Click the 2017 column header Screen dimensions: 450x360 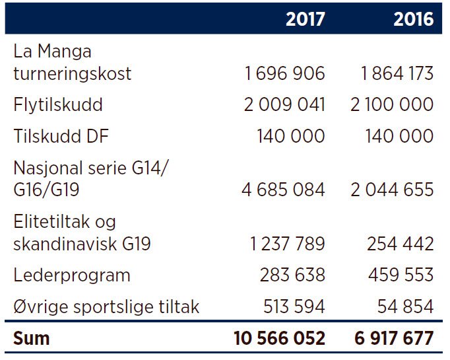305,19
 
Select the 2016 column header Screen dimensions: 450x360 414,19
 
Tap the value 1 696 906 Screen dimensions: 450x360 285,73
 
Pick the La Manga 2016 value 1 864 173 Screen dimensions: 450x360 397,73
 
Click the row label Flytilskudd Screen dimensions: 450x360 58,104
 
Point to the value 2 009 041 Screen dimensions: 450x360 284,104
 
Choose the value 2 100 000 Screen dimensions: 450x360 392,104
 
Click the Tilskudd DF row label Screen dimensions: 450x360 61,136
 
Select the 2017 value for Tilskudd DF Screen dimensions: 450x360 291,136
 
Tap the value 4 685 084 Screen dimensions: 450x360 283,190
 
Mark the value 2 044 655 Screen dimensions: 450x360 392,190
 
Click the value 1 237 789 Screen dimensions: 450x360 288,244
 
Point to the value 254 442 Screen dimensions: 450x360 401,244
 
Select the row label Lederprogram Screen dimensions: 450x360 72,275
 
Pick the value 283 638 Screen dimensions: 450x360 292,275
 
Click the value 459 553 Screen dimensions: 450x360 401,275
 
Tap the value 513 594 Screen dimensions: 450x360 294,306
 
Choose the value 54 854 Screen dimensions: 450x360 406,306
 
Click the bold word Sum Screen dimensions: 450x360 32,338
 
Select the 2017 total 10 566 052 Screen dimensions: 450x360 280,338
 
